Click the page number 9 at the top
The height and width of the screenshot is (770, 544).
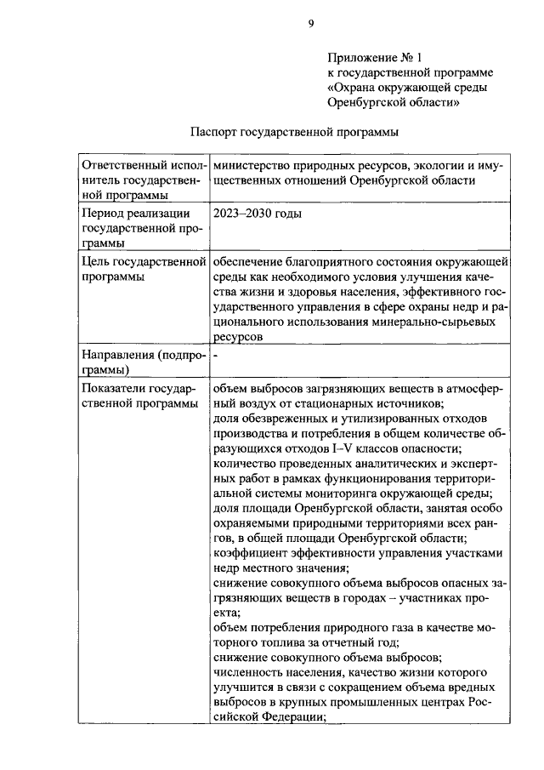311,25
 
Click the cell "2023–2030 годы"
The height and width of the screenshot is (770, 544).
258,214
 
